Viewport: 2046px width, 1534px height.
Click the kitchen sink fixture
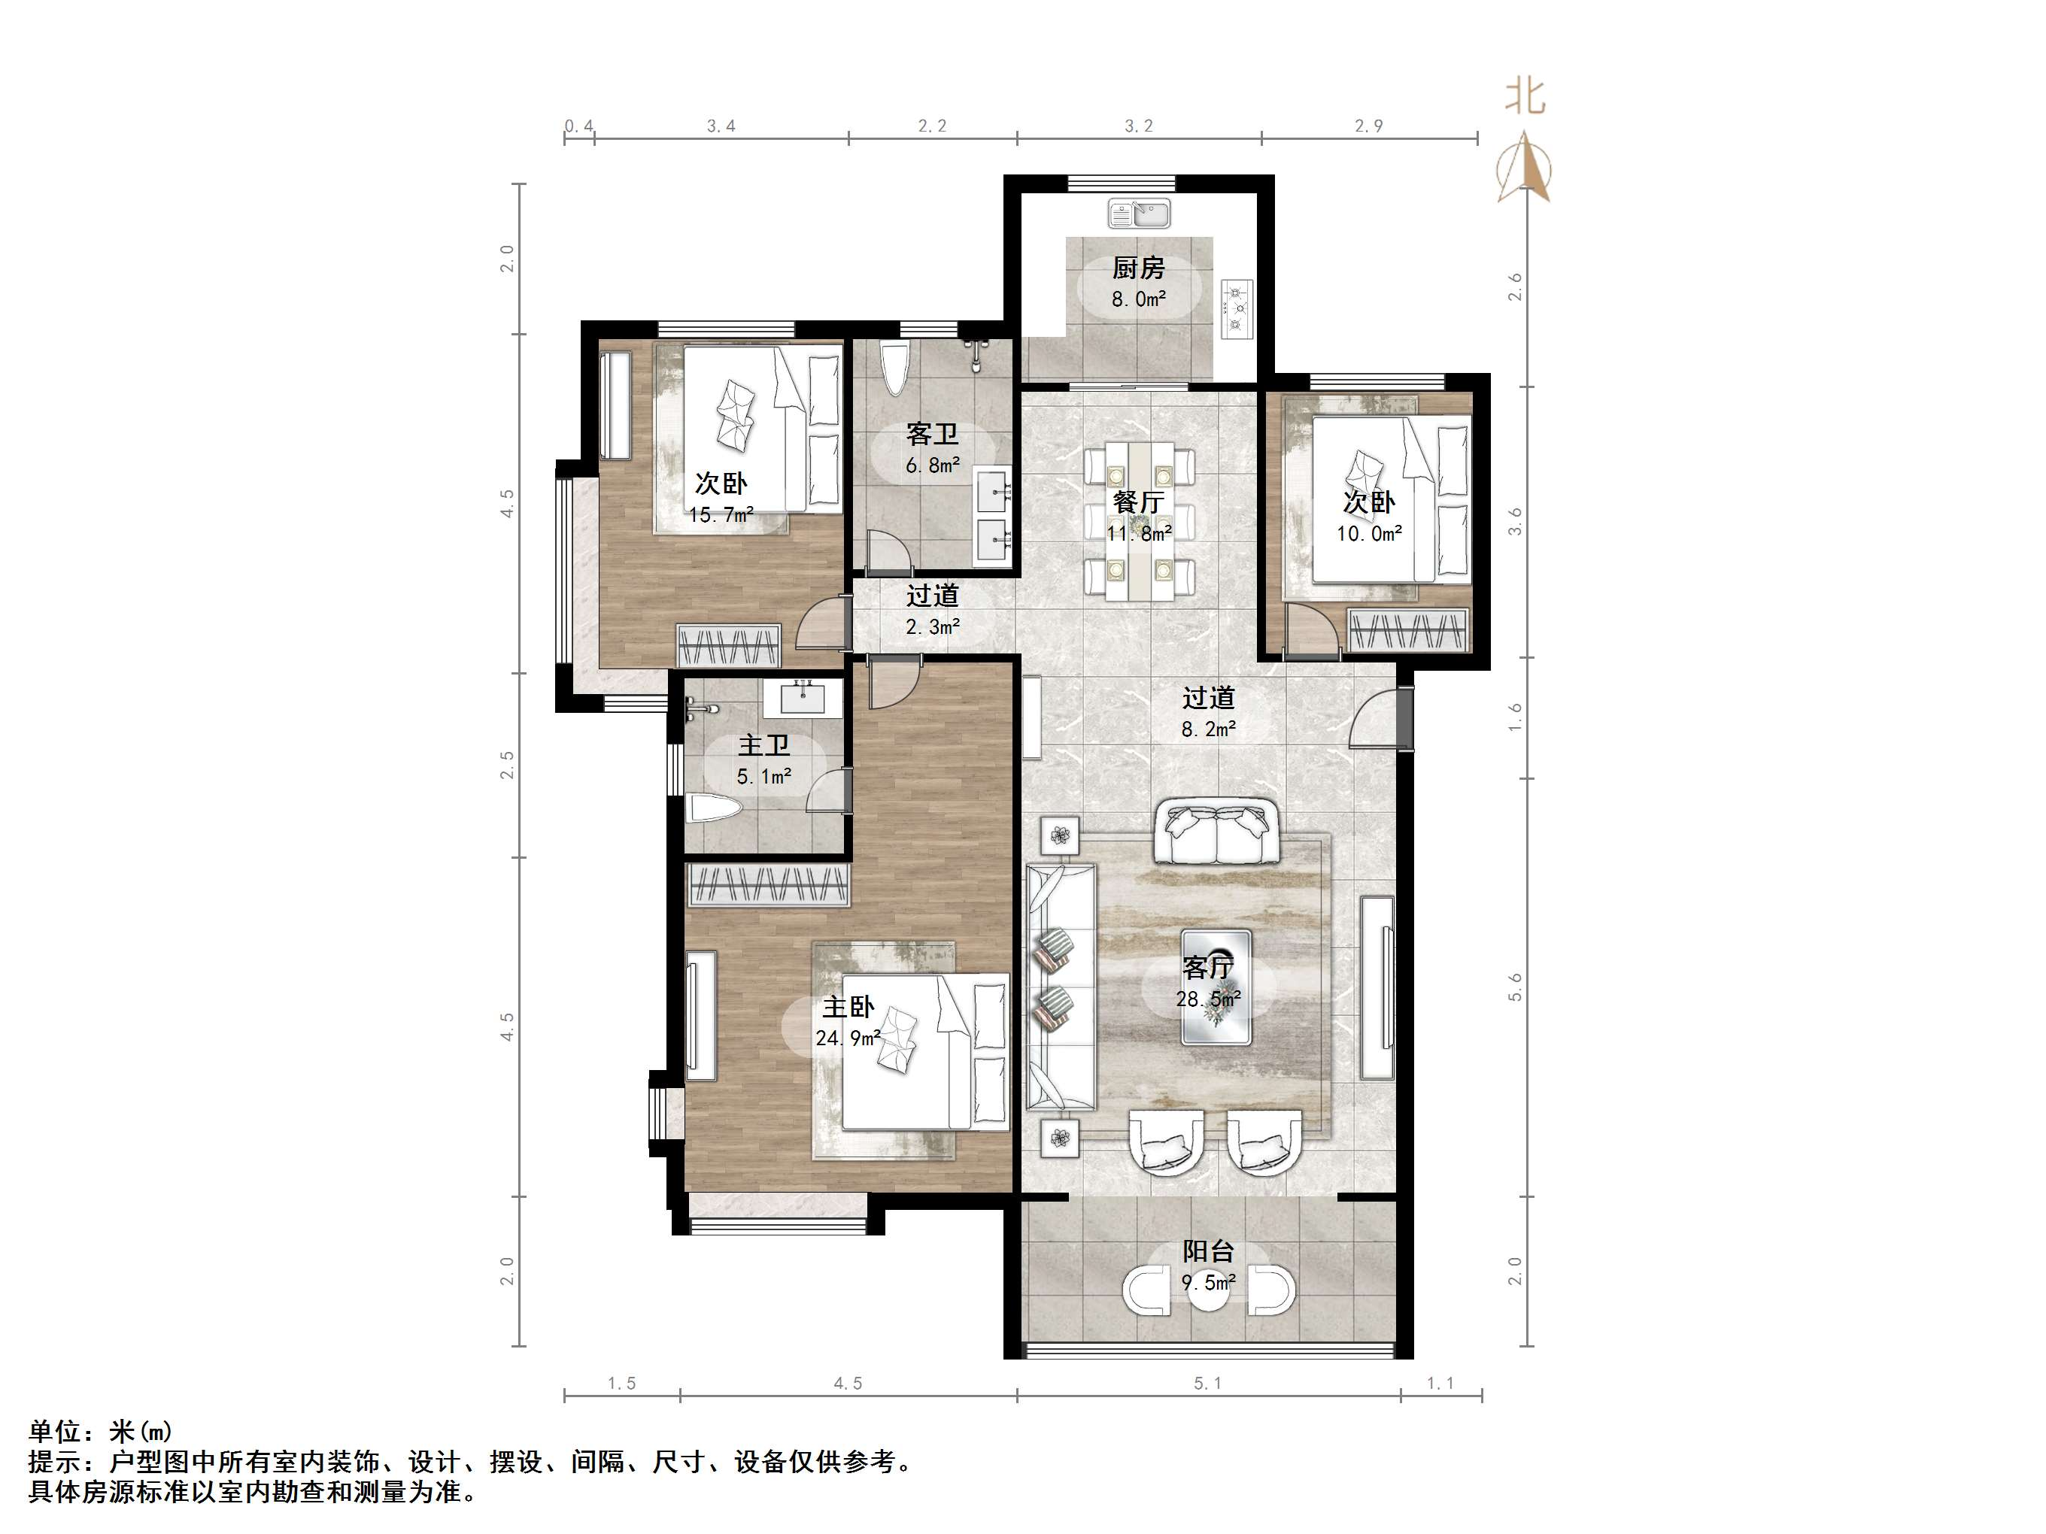pos(1139,214)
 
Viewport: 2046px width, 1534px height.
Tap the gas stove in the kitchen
pos(1237,308)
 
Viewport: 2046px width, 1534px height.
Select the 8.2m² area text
pos(1208,729)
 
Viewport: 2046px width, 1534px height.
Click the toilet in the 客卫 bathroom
pos(894,369)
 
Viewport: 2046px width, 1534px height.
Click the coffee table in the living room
pos(1216,987)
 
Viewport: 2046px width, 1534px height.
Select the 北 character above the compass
pos(1524,96)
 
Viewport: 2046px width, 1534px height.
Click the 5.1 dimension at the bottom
pos(1207,1384)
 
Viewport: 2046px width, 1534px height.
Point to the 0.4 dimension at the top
pos(579,126)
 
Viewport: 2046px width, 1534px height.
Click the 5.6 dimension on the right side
pos(1514,987)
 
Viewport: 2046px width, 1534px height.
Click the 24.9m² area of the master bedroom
pos(846,1038)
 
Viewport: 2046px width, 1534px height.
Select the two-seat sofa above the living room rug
pos(1216,832)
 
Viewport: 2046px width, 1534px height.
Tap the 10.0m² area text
pos(1369,534)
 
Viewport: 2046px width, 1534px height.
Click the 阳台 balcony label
pos(1208,1252)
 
